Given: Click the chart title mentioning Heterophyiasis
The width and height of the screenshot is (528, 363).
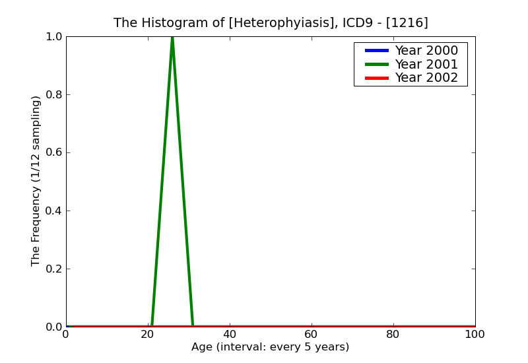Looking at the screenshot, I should [x=271, y=23].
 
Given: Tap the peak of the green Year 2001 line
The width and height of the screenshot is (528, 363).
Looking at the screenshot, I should [x=172, y=37].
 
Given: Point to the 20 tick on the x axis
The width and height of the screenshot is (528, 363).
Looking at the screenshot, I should [x=148, y=335].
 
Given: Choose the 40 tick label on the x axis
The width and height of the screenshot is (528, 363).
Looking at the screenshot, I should [x=230, y=335].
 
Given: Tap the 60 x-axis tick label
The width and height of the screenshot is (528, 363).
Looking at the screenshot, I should [x=312, y=335].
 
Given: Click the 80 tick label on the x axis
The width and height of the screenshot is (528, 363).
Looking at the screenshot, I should [x=393, y=335].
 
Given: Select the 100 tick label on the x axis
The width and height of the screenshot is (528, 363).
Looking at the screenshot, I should [x=475, y=335].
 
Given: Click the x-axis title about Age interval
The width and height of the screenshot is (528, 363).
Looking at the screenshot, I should [x=270, y=347].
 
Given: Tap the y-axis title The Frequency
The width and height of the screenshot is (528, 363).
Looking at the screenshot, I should [x=36, y=181].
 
